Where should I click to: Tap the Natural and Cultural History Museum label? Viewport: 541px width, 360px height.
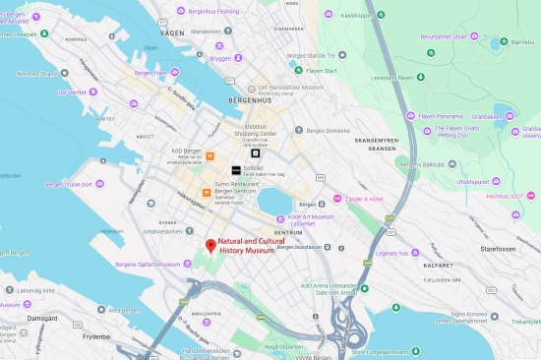coord(246,246)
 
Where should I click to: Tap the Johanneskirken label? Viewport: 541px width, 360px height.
coord(164,232)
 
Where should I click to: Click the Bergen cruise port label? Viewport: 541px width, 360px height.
coord(73,184)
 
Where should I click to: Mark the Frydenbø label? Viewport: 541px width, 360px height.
coord(96,335)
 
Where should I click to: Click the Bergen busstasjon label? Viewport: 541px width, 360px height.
coord(299,249)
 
